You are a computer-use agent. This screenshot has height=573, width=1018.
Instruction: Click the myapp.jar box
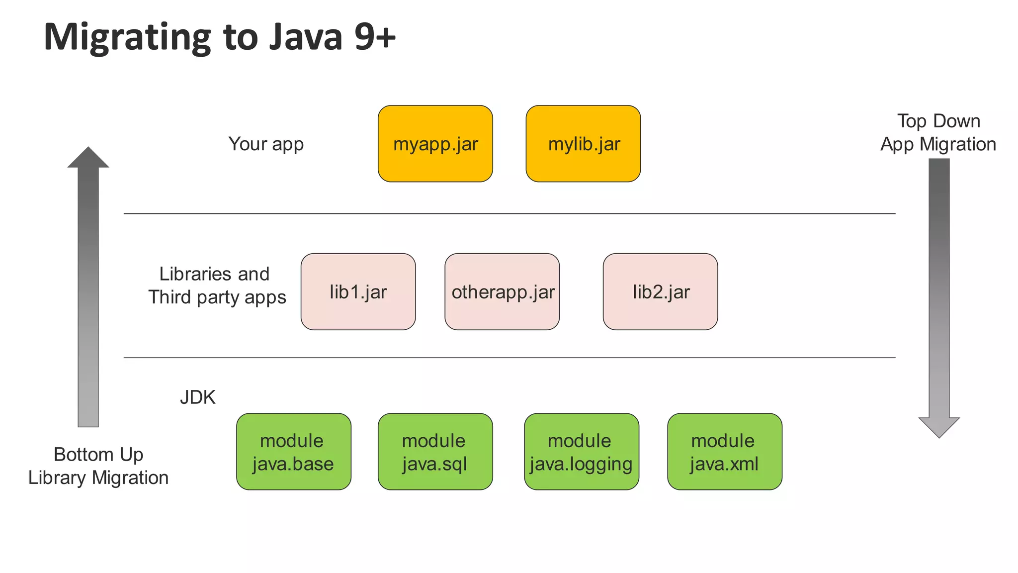point(435,144)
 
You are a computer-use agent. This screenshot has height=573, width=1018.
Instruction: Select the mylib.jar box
point(583,144)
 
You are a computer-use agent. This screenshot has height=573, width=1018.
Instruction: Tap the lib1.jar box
point(358,291)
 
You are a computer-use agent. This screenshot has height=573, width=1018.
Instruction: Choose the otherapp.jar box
point(502,291)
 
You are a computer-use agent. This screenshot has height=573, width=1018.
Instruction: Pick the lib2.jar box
point(660,291)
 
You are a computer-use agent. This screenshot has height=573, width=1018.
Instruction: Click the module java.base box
point(293,452)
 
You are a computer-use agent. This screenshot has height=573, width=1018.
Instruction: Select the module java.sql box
point(435,452)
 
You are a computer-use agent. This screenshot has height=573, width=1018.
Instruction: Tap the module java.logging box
point(581,452)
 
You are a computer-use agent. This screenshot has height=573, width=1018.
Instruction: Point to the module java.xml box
point(724,452)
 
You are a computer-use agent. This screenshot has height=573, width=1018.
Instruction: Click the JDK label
point(197,397)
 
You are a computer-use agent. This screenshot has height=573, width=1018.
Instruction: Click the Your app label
point(266,144)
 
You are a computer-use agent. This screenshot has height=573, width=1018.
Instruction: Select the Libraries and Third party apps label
point(217,286)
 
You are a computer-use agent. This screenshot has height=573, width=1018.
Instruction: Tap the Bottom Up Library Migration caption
point(98,466)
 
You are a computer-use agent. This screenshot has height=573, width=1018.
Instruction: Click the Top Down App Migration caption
point(938,132)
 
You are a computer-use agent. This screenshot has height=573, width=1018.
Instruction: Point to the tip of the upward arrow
point(88,149)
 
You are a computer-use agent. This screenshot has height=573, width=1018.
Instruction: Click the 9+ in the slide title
point(375,37)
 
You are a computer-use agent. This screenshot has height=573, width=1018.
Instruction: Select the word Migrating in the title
point(127,38)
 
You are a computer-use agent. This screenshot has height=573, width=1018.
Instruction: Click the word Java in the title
point(306,37)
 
